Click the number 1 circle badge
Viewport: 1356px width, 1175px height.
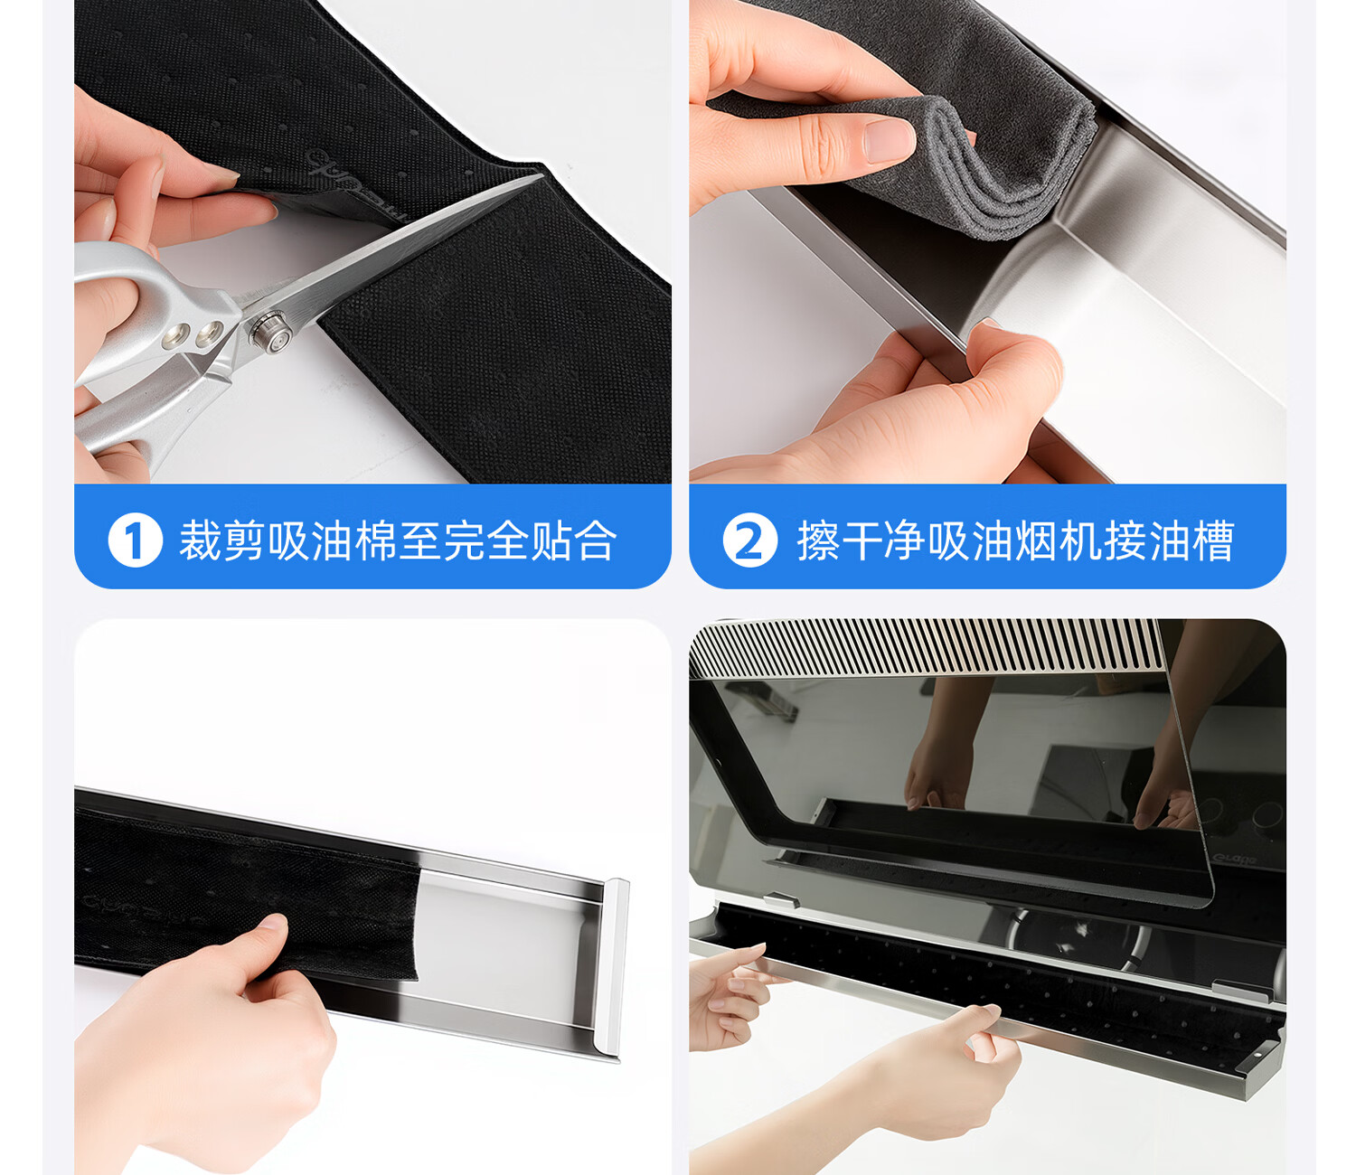[135, 540]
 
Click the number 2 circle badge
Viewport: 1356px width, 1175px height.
[750, 540]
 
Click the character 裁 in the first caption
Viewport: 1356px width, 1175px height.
[200, 540]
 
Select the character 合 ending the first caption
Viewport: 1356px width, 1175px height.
[596, 540]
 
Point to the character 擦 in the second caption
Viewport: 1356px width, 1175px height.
[818, 540]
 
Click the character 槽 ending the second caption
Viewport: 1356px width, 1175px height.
[1213, 540]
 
